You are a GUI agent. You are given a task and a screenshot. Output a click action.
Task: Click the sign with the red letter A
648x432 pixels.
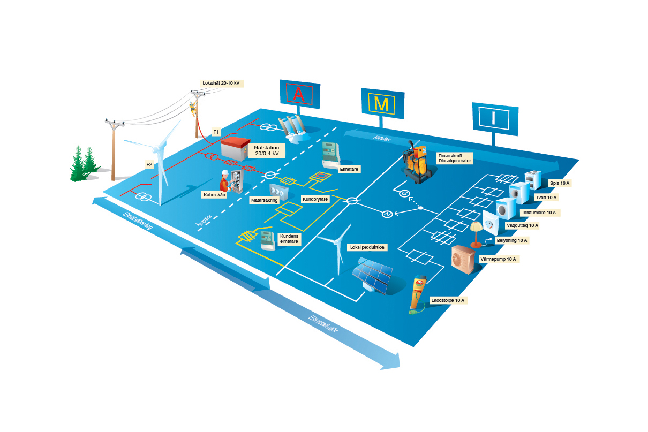(299, 94)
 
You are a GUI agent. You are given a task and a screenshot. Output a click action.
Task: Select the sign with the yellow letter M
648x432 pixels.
(381, 103)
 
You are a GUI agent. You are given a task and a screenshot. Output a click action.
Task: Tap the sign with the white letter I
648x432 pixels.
(494, 118)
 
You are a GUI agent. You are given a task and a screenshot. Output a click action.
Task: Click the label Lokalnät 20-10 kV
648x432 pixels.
(221, 83)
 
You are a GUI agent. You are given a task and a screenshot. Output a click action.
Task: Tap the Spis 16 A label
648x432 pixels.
(559, 183)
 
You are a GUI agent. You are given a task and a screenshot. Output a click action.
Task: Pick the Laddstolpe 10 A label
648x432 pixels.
(448, 300)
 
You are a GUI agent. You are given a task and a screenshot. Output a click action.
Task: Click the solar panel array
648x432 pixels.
(373, 274)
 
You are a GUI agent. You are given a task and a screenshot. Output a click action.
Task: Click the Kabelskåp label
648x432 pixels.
(214, 195)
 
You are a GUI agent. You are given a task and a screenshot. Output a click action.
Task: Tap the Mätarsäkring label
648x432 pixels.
(265, 200)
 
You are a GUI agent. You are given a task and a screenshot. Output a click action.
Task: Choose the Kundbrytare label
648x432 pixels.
(315, 199)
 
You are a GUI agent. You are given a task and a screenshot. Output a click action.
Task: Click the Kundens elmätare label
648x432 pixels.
(289, 238)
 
